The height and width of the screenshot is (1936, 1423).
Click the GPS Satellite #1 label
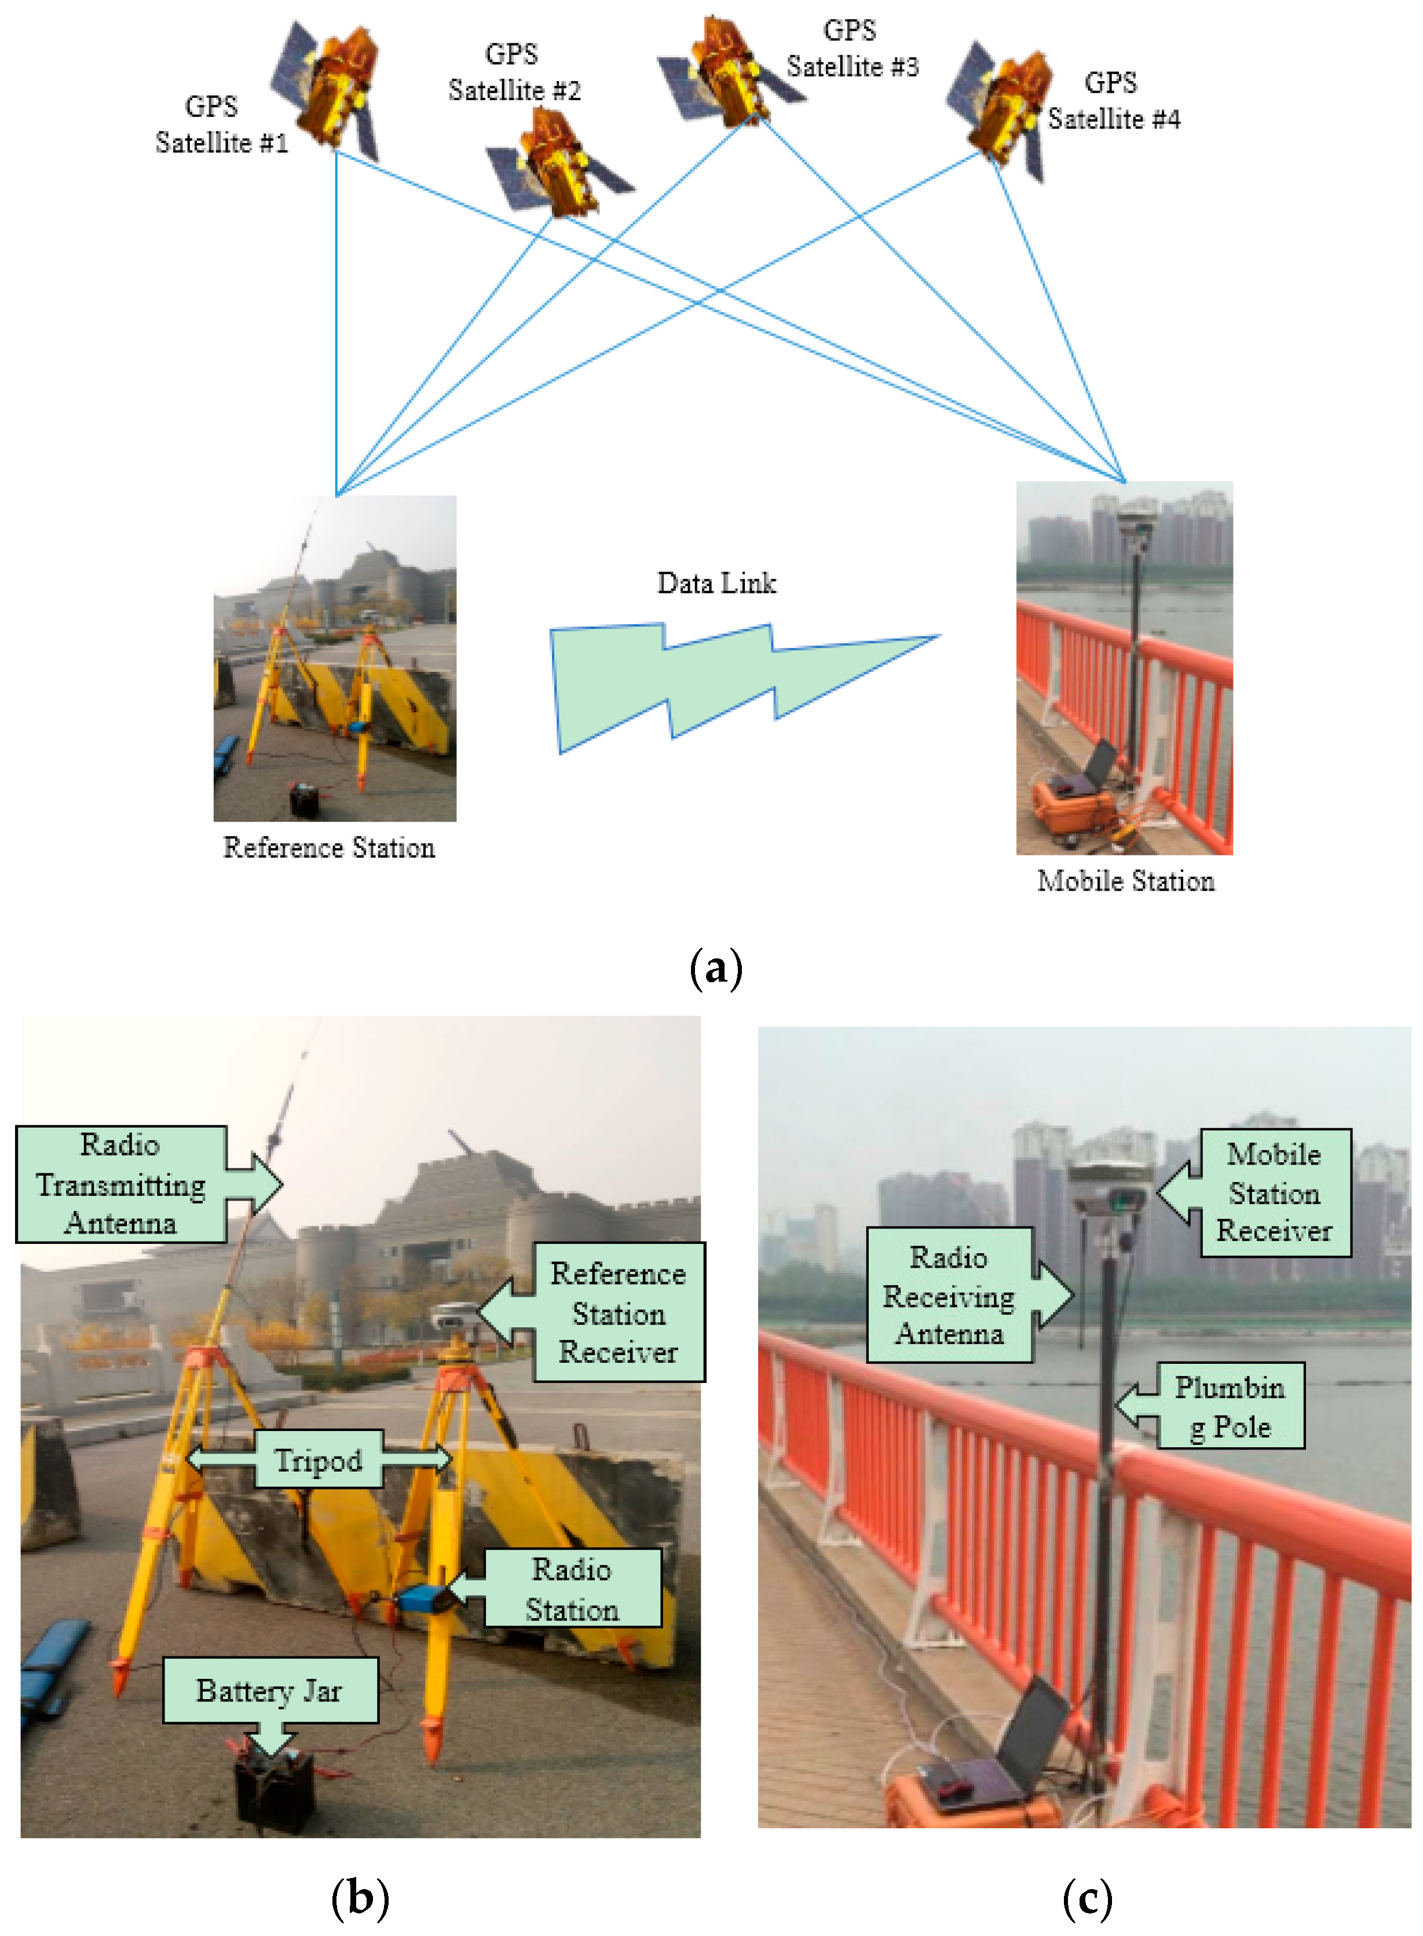[221, 125]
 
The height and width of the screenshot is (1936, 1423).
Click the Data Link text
[716, 584]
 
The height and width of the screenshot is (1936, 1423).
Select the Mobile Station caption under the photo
[1125, 881]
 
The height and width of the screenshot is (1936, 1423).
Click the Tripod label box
[319, 1459]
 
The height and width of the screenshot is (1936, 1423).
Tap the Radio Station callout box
[572, 1589]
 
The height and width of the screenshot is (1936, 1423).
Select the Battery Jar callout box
[270, 1690]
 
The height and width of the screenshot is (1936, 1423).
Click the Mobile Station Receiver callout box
[1274, 1193]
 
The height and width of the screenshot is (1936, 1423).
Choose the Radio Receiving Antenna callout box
[949, 1295]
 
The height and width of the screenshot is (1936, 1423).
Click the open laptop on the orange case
[1008, 1757]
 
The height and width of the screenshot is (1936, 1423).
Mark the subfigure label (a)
[716, 969]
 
